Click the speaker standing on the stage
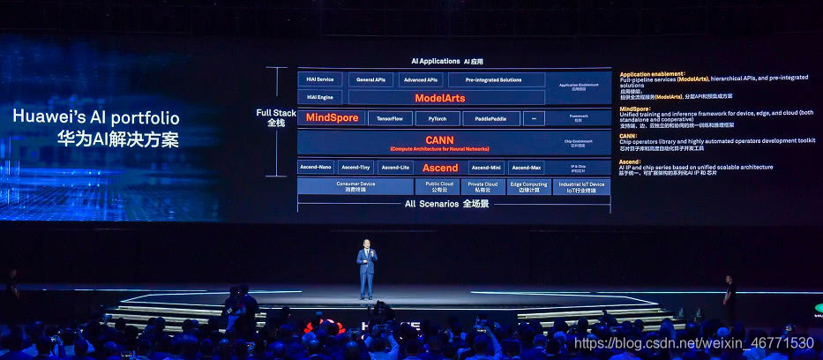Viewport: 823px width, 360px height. click(x=365, y=268)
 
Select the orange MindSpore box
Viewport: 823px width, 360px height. click(x=332, y=117)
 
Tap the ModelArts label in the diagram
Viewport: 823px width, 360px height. click(x=439, y=98)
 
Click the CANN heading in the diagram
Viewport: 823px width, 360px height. click(x=438, y=139)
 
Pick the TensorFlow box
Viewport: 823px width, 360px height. click(x=390, y=118)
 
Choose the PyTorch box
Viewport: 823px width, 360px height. click(x=437, y=118)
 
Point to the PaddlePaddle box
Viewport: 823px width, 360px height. click(x=490, y=118)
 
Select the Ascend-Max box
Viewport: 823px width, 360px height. click(x=526, y=168)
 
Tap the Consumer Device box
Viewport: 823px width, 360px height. click(x=355, y=186)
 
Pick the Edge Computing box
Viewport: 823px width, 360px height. click(x=528, y=186)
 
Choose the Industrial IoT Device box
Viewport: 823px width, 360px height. click(x=580, y=186)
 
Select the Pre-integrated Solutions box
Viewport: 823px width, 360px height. click(x=492, y=79)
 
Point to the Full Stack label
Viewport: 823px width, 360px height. click(x=276, y=113)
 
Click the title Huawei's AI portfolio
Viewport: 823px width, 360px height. click(x=96, y=118)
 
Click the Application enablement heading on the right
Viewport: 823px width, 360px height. click(x=653, y=74)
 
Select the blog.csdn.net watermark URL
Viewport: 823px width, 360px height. click(x=693, y=342)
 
